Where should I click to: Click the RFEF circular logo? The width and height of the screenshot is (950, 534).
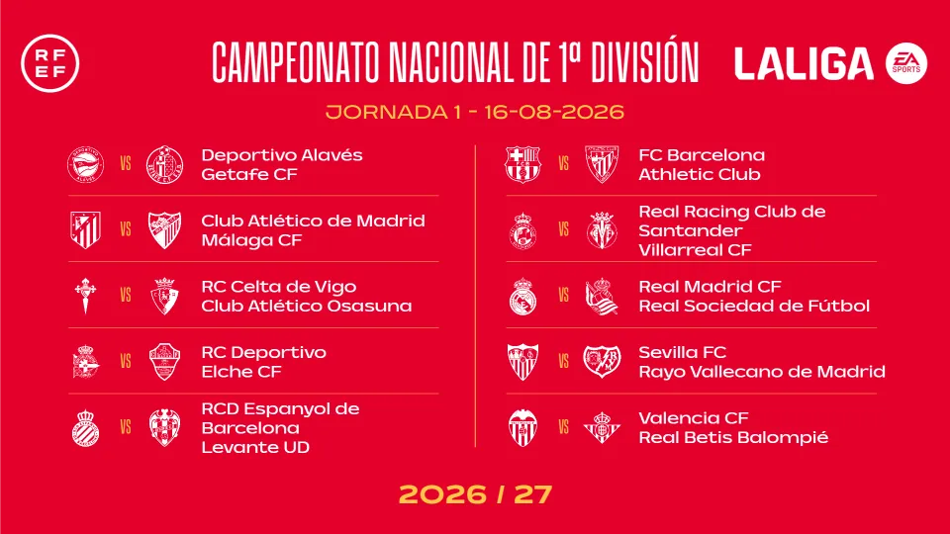click(50, 63)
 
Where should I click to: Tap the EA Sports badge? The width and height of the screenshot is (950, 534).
click(905, 63)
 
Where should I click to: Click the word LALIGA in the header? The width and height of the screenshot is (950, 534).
click(804, 64)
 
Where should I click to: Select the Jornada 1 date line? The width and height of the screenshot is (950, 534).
click(475, 112)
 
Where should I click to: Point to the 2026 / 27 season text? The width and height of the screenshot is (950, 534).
click(476, 494)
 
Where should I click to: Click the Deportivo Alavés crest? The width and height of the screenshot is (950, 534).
click(85, 164)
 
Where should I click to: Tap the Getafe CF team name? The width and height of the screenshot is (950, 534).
click(249, 174)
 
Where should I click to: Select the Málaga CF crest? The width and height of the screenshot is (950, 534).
click(164, 230)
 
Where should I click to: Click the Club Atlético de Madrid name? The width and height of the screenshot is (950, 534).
click(313, 221)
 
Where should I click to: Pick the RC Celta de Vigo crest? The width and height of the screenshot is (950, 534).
click(85, 296)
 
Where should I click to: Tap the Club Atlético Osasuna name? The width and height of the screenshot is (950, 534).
click(306, 306)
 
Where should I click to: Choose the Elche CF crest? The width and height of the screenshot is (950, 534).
click(164, 362)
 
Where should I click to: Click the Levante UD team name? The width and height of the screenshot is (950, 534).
click(255, 447)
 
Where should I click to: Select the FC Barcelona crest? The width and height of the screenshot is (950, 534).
click(522, 164)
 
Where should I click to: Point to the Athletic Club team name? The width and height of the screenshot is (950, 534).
click(700, 174)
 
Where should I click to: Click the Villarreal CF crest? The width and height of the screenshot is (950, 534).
click(602, 230)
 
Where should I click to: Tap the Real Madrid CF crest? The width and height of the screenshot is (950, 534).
click(522, 296)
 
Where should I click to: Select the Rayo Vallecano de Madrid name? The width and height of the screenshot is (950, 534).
click(762, 372)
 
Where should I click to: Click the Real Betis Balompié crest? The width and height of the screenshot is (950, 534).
click(602, 427)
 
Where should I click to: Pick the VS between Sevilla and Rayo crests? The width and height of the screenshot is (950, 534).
click(563, 362)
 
